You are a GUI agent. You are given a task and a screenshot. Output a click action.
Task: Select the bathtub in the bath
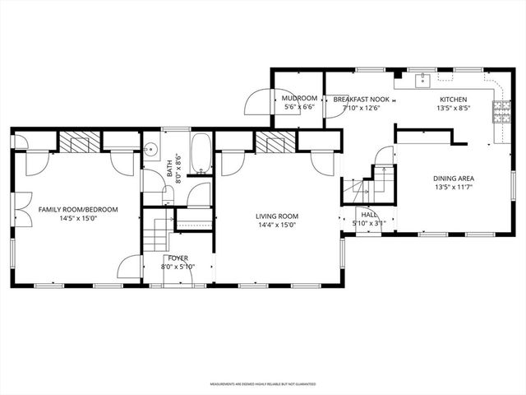point(201,154)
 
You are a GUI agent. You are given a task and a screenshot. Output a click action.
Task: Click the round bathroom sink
point(151,151)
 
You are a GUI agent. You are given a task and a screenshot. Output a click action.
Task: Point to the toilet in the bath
point(167,194)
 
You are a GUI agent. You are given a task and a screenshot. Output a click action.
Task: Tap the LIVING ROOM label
point(275,216)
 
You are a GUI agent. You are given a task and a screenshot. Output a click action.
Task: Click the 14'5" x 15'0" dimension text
point(78,220)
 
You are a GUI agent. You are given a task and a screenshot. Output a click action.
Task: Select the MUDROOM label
point(299,98)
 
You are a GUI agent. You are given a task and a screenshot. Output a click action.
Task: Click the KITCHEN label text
point(454,98)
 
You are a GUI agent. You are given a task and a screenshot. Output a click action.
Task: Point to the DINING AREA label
point(454,179)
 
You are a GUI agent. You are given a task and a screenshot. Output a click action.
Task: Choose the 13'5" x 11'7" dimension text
point(454,188)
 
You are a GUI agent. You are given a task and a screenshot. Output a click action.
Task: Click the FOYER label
point(177,258)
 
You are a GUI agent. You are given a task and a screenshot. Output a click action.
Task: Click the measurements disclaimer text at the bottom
point(263,383)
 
